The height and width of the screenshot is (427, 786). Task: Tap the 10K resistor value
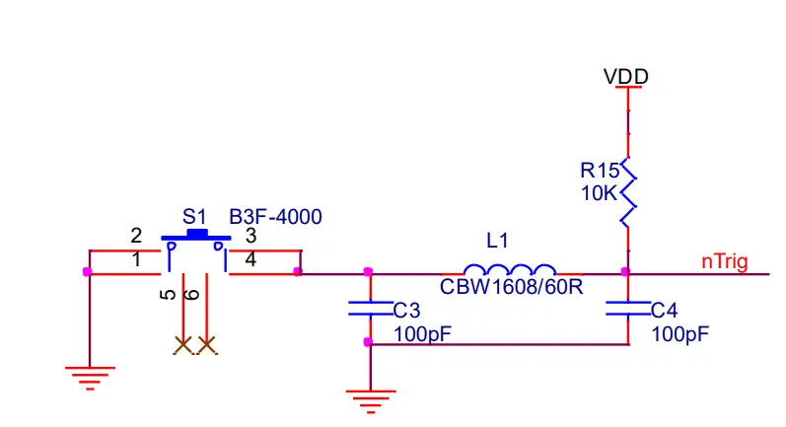coord(598,193)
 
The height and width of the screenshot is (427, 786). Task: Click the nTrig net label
coord(724,261)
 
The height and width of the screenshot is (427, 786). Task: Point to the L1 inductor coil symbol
coord(509,268)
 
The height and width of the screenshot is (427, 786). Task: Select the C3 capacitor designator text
coord(406,310)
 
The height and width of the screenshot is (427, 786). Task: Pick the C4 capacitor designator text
coord(665,310)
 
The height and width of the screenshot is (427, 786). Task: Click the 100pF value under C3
coord(422,334)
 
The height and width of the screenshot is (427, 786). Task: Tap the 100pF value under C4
coord(679,334)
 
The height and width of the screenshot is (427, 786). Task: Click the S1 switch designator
coord(194,216)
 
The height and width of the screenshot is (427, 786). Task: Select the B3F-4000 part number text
coord(275,216)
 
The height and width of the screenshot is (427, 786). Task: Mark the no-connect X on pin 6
coord(206,344)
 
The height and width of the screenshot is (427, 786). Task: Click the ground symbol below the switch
coord(89,376)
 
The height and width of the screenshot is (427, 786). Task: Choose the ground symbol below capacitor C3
coord(370,399)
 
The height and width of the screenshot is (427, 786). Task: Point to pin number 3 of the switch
coord(250,236)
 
